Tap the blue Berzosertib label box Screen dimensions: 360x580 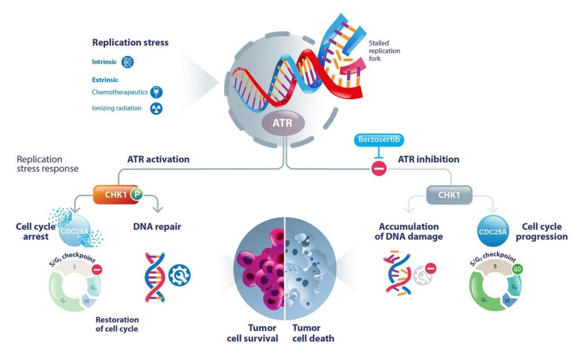379,139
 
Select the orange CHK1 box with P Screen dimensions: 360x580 117,195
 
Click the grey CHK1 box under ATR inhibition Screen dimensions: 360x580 450,195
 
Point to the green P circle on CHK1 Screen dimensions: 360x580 136,195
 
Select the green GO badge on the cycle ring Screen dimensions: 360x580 532,270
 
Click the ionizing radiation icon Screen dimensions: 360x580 155,109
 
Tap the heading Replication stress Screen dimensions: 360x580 130,42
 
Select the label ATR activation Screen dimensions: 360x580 158,160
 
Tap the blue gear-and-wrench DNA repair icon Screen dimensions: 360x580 180,276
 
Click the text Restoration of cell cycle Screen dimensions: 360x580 117,323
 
